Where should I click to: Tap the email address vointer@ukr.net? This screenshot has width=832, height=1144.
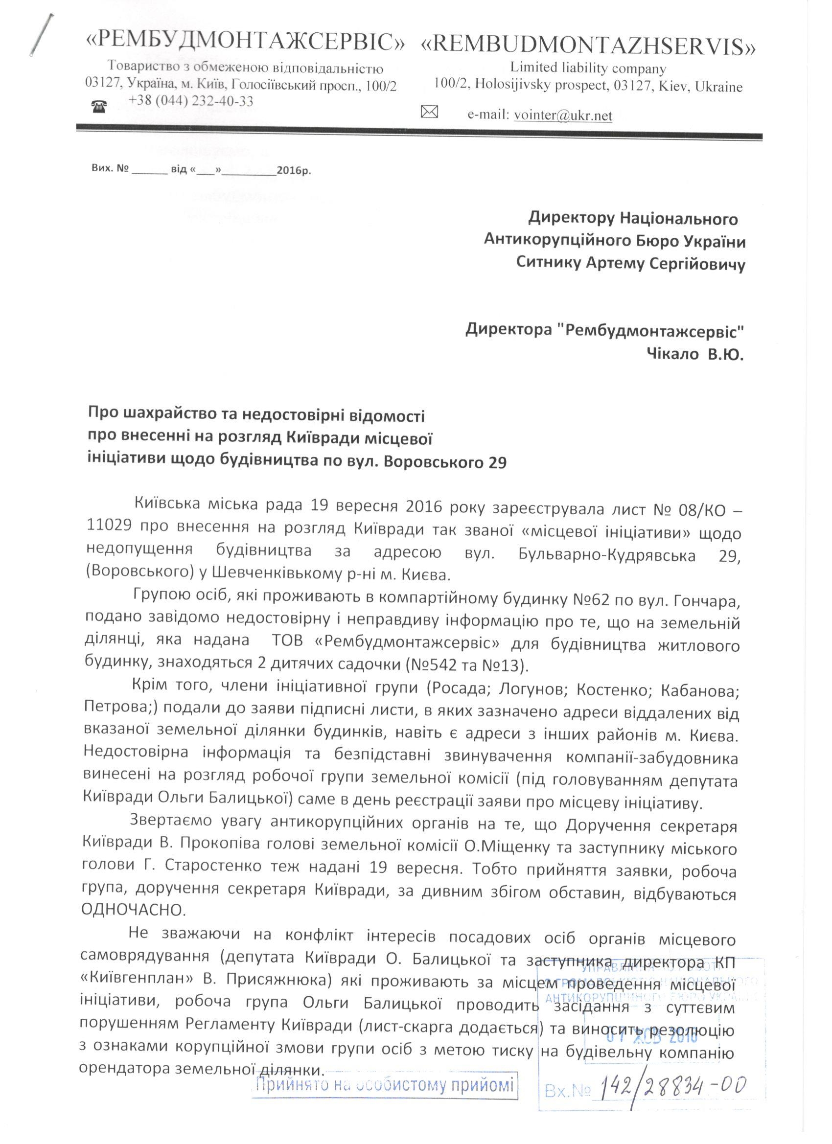coord(562,115)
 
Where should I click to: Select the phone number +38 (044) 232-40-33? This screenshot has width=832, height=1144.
coord(191,101)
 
